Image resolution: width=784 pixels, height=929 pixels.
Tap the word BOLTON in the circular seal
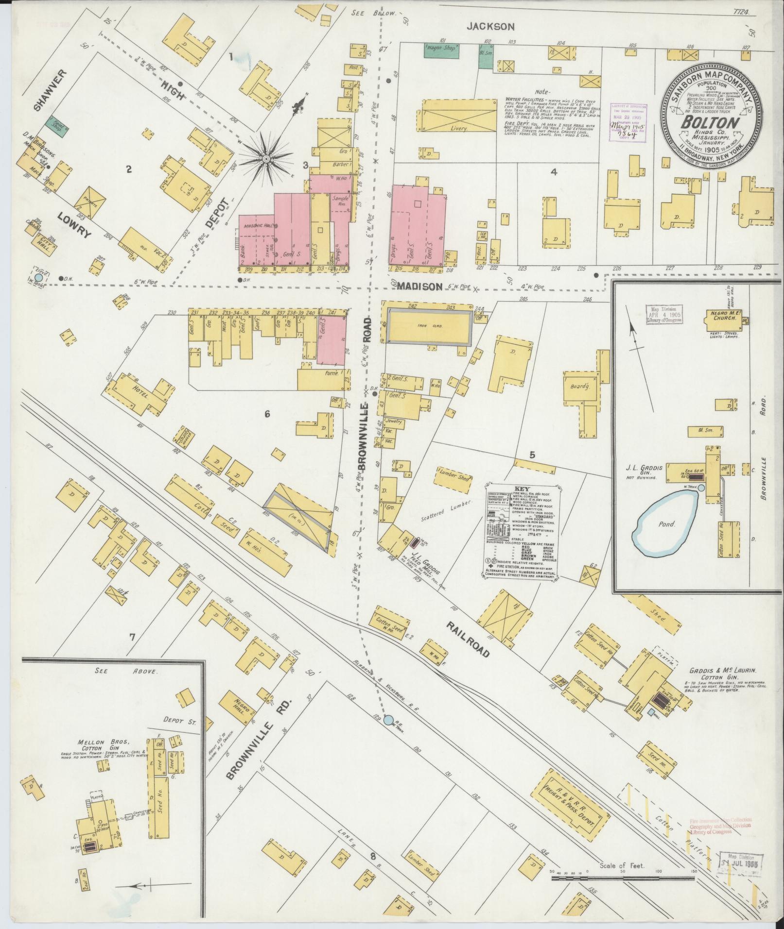tap(710, 123)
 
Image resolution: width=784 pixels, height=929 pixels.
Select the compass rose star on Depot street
tap(267, 159)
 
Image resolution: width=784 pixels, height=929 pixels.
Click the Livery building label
tap(458, 129)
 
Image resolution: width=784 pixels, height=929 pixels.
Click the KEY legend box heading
tap(523, 488)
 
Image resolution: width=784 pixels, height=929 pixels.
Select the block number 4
tap(553, 171)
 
